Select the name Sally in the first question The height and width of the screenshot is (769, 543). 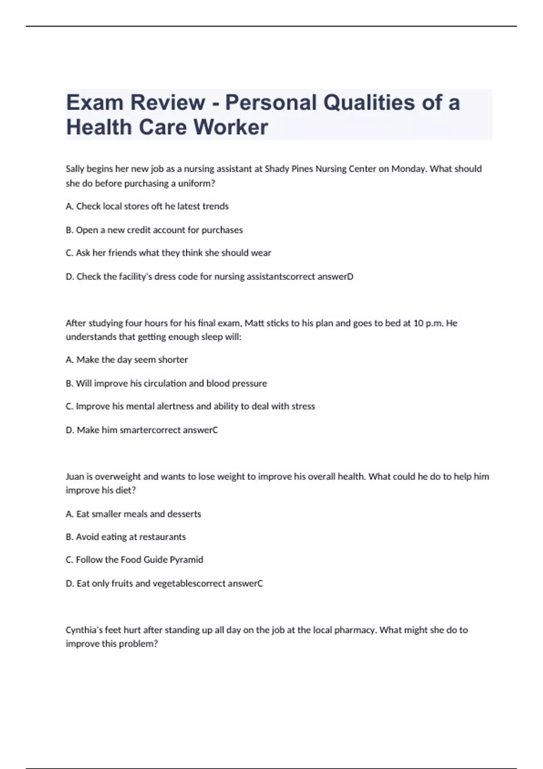tap(75, 169)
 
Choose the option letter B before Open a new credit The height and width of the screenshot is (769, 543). tap(69, 230)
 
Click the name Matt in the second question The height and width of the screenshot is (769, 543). tap(254, 323)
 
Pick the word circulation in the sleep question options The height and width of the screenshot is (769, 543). tap(165, 383)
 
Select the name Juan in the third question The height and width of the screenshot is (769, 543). tap(74, 476)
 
